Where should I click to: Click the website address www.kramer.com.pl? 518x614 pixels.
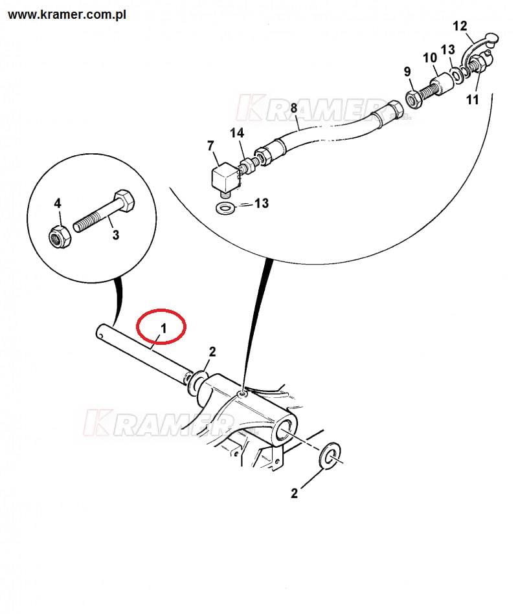67,15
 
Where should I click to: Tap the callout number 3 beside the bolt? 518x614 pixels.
116,235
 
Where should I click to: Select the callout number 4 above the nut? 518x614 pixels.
58,203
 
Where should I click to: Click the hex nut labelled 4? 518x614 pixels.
60,236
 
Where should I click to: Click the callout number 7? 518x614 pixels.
210,146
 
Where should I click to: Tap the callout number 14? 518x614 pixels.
237,133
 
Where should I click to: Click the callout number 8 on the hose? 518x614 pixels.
294,107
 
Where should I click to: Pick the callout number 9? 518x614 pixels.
407,72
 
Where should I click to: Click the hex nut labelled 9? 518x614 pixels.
412,99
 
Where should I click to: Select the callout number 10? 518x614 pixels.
430,58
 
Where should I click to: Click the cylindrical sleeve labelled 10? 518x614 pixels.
442,84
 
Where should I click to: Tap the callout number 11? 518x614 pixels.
473,100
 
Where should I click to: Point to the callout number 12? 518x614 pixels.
460,27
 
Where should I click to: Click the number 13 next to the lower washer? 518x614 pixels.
262,203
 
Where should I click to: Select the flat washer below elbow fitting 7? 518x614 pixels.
226,208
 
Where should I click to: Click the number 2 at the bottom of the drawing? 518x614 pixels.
294,494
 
